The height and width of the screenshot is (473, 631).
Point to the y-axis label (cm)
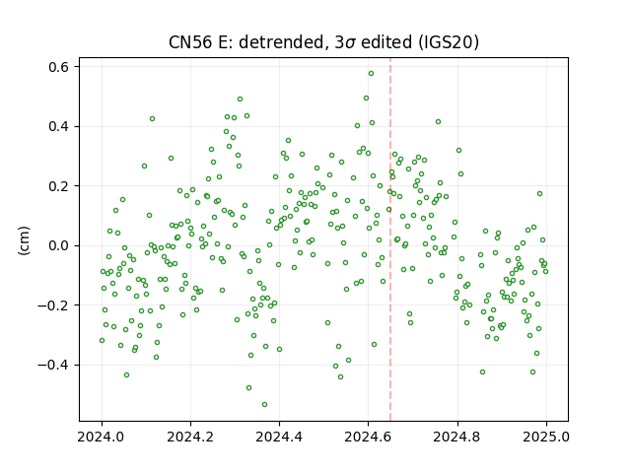click(x=24, y=240)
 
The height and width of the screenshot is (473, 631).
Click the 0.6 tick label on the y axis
click(x=59, y=67)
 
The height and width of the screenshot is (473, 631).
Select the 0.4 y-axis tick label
click(x=59, y=127)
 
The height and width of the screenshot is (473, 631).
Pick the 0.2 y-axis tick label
click(x=59, y=186)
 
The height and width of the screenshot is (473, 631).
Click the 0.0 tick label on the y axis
click(x=59, y=245)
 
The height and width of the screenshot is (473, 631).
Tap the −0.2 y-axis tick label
click(x=53, y=305)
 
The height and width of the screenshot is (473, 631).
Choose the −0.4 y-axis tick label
click(x=53, y=365)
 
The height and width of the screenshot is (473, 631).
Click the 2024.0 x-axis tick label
click(x=102, y=437)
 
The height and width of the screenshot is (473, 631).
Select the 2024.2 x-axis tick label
click(x=190, y=437)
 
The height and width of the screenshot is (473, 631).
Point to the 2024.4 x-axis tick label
click(x=279, y=437)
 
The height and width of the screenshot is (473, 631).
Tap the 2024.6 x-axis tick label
click(x=368, y=437)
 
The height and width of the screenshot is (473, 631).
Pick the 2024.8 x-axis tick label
click(x=457, y=437)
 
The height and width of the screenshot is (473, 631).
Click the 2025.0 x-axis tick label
click(x=546, y=437)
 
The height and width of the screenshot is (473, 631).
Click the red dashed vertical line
click(x=390, y=239)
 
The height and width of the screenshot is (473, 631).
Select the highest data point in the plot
click(x=371, y=74)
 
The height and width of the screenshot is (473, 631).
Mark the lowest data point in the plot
click(x=264, y=405)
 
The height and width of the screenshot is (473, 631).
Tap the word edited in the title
click(x=386, y=42)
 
